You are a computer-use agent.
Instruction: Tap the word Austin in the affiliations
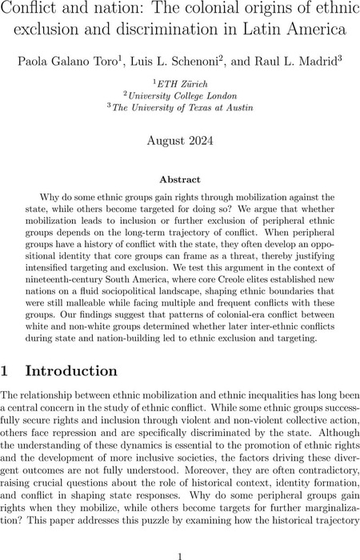pyautogui.click(x=224, y=107)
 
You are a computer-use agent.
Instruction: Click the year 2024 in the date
pyautogui.click(x=202, y=140)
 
